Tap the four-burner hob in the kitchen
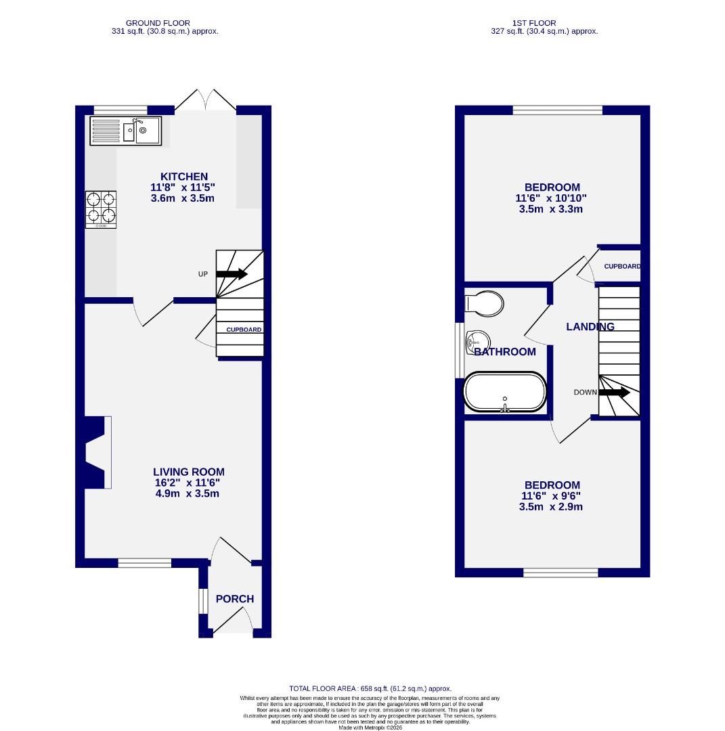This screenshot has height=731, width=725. click(x=100, y=208)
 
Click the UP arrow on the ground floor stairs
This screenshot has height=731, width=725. click(x=232, y=274)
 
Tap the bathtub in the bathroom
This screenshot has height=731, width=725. click(x=504, y=392)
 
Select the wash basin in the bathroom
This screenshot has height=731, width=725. click(x=477, y=342)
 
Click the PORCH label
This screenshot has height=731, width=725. click(x=235, y=599)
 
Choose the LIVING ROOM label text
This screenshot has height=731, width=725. click(x=188, y=472)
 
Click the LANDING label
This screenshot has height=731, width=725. click(x=590, y=327)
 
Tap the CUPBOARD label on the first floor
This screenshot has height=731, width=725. click(x=622, y=267)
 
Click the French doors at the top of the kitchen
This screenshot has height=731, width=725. click(x=205, y=100)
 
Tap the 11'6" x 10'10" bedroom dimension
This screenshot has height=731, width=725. click(x=552, y=198)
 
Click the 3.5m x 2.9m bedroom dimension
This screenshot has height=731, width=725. click(x=552, y=506)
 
